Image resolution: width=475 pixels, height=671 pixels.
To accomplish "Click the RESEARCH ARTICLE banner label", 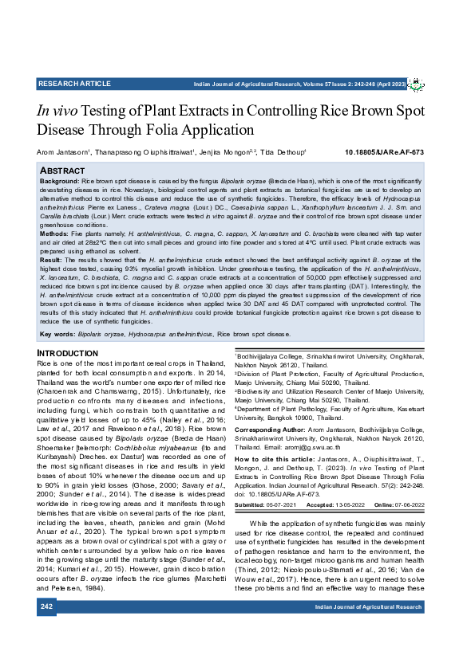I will click(x=73, y=84).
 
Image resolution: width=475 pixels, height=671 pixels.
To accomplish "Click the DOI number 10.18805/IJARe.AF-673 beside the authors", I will click(x=385, y=152).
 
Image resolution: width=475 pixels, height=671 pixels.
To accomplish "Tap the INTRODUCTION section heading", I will click(x=69, y=353).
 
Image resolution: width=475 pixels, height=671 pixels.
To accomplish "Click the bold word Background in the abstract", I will click(x=59, y=182).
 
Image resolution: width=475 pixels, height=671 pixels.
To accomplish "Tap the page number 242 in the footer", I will click(x=46, y=630).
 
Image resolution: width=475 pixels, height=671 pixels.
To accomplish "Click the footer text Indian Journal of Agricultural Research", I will click(x=368, y=630).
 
